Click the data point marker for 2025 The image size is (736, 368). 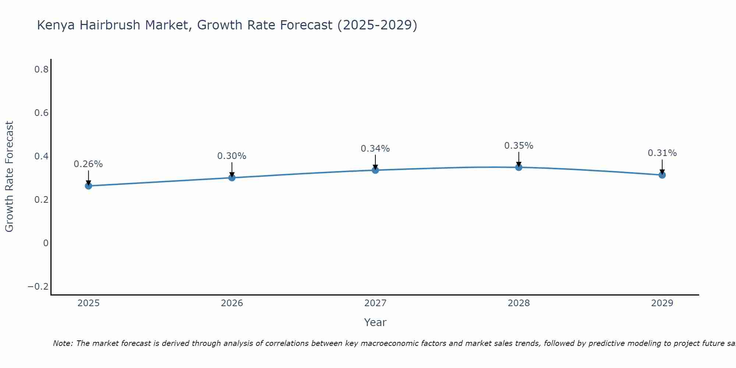88,186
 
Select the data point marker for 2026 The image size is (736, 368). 232,178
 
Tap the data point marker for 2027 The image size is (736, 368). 375,170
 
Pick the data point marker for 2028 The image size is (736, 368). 519,167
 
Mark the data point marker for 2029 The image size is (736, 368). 662,175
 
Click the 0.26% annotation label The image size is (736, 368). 88,164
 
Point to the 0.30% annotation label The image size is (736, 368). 232,156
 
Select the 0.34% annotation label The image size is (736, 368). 375,149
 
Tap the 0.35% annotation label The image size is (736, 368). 519,146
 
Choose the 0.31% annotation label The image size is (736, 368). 662,153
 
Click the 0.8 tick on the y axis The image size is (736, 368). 42,69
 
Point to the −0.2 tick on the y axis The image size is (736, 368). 38,287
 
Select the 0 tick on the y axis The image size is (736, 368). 46,243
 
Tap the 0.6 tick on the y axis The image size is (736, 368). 42,113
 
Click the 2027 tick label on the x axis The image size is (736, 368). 375,303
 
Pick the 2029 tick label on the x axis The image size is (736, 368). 662,303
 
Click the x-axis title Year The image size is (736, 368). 375,322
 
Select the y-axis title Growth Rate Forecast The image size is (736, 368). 9,177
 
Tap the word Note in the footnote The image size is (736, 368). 62,343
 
